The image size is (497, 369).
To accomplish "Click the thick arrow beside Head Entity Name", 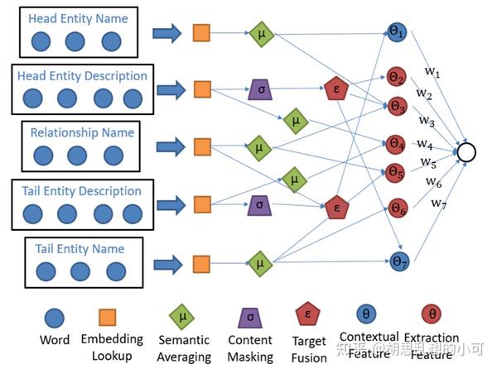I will [x=169, y=33].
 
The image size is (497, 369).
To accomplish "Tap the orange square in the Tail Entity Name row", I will [x=200, y=264].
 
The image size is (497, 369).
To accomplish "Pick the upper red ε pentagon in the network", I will [x=335, y=89].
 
